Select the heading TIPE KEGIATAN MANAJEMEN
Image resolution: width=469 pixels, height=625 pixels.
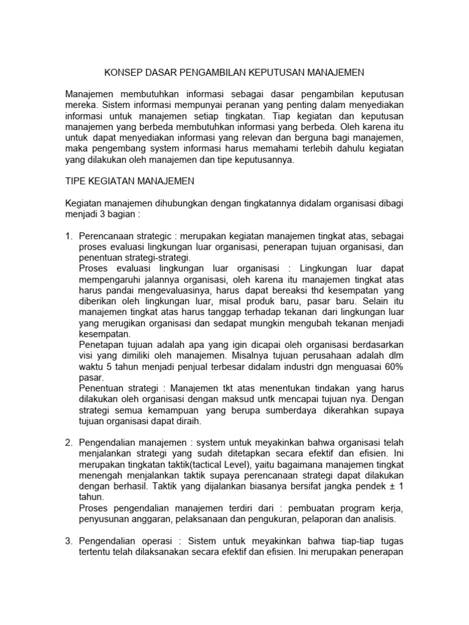pos(129,181)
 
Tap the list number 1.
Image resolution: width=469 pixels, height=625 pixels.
pos(68,236)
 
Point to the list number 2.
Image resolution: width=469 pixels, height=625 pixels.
pos(68,442)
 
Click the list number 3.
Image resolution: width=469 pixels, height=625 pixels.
pos(68,541)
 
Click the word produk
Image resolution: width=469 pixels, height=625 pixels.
pos(282,302)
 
